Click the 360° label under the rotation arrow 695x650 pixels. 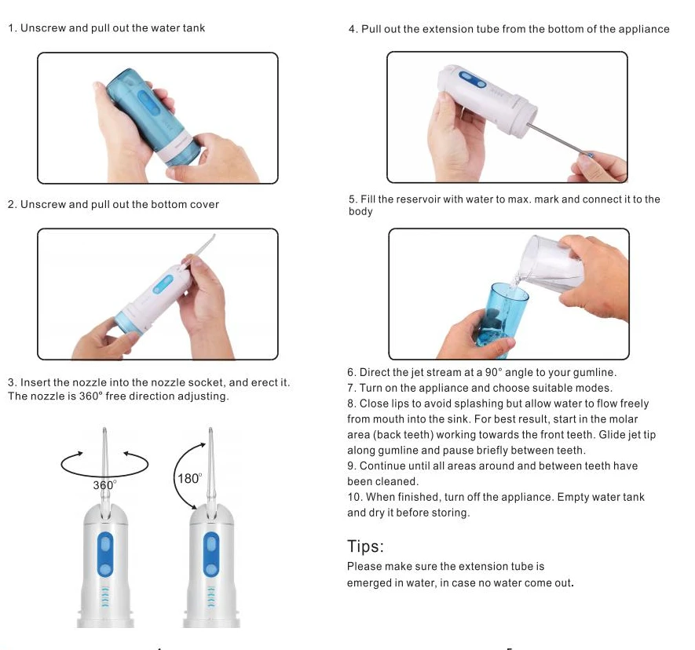coord(104,485)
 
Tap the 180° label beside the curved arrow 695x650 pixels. coord(190,479)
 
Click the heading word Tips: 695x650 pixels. coord(365,546)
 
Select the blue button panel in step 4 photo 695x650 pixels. coord(473,80)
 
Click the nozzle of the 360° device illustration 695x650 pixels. coord(104,470)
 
